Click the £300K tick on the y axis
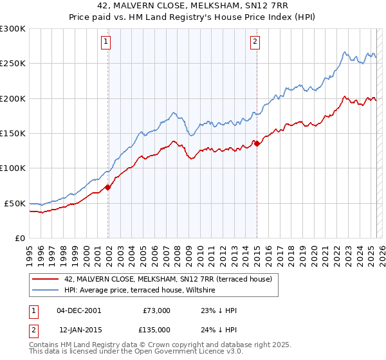13,29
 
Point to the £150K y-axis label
13,134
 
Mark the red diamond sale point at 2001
108,187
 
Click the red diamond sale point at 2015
257,144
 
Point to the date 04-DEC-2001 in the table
78,310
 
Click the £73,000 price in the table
157,310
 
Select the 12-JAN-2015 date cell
78,329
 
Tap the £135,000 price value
157,329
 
